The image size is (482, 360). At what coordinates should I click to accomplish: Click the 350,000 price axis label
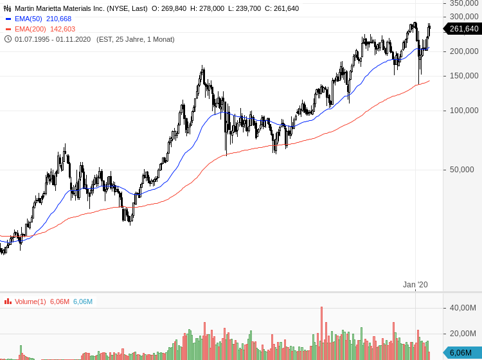click(464, 3)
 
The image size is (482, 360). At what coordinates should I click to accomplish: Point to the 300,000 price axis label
click(464, 17)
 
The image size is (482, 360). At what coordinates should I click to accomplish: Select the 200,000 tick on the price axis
click(464, 51)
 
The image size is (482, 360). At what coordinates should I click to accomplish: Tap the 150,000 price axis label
click(464, 76)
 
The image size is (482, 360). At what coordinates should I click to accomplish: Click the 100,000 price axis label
click(464, 111)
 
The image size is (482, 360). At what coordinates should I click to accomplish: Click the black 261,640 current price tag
click(463, 29)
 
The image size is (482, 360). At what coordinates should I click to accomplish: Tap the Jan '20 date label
click(415, 285)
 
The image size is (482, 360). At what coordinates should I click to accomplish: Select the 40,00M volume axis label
click(463, 308)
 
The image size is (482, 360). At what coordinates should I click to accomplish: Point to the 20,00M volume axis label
click(463, 334)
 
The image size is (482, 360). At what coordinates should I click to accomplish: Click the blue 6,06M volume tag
click(461, 352)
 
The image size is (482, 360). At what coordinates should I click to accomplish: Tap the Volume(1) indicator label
click(30, 301)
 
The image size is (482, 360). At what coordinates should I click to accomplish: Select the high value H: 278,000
click(207, 8)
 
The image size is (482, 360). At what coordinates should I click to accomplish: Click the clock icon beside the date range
click(8, 39)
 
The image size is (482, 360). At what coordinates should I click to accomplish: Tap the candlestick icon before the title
click(8, 8)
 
